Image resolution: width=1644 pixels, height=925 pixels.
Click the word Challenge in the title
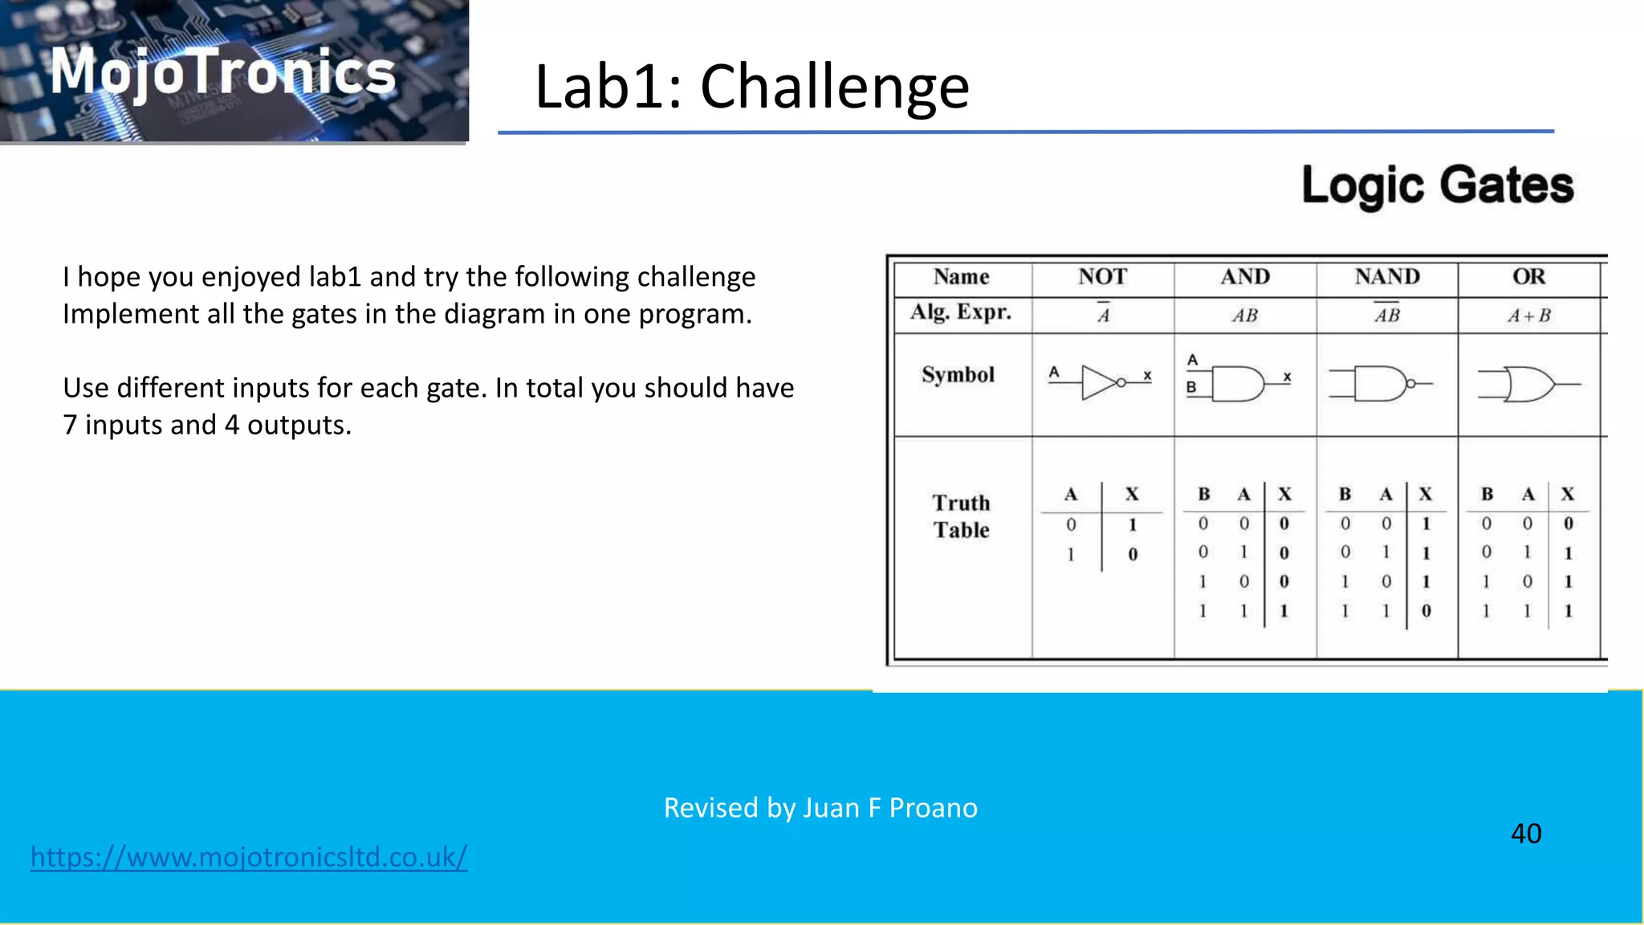point(835,87)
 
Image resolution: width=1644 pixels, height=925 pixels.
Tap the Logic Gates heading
point(1437,185)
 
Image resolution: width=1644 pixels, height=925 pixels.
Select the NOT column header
point(1102,277)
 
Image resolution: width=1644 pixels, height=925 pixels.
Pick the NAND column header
point(1387,277)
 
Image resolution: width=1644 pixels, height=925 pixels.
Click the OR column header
point(1528,277)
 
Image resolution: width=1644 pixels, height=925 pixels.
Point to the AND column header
point(1245,277)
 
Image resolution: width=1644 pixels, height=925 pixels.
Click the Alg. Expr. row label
point(961,312)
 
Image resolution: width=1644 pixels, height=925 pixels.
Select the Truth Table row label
point(961,516)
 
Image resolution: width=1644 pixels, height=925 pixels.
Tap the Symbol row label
point(958,375)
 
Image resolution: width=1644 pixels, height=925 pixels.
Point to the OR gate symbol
point(1529,385)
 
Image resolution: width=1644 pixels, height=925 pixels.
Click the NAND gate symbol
point(1382,384)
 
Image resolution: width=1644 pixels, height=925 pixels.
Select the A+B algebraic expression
point(1528,316)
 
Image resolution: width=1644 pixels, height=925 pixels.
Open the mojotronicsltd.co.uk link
point(249,857)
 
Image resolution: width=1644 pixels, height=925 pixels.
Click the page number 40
point(1526,833)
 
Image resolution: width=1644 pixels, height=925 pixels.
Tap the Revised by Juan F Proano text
point(820,808)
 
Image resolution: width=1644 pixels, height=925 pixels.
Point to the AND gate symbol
point(1239,384)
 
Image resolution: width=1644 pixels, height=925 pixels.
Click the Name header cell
point(961,277)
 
